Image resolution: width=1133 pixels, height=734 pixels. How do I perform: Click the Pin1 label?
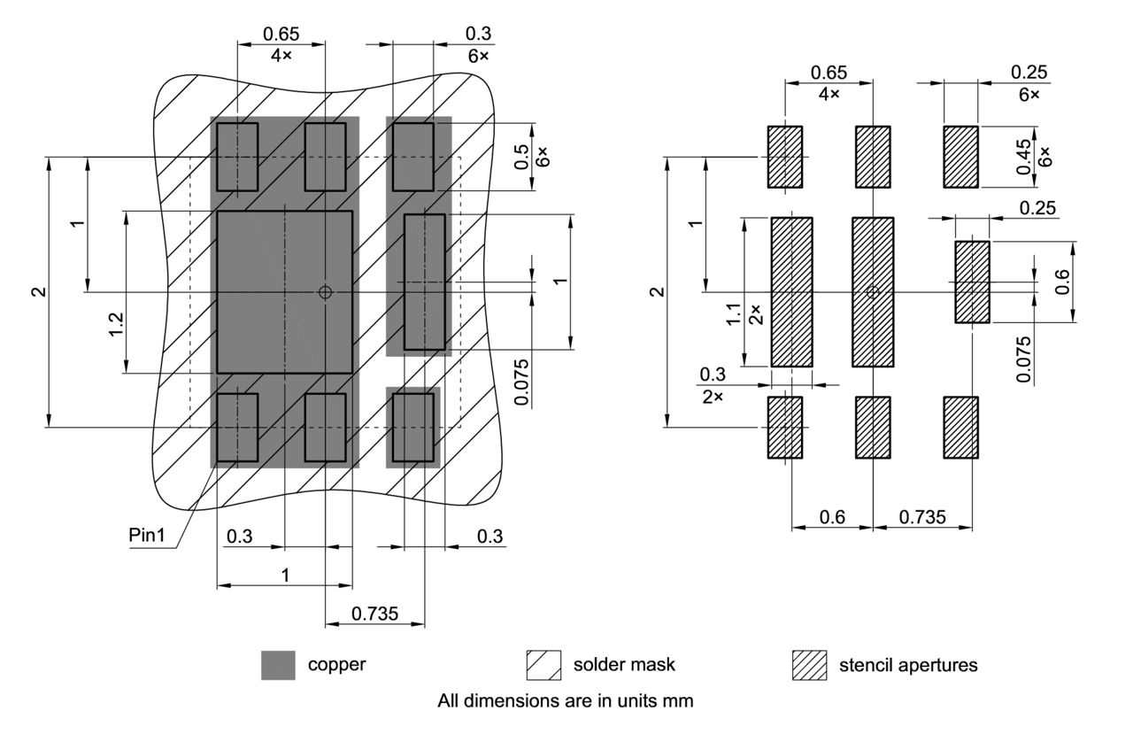coord(146,537)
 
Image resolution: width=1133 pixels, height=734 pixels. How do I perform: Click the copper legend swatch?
coord(278,665)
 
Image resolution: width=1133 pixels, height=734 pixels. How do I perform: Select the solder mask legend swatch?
coord(543,665)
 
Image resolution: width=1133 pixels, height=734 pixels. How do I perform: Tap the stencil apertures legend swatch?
coord(809,665)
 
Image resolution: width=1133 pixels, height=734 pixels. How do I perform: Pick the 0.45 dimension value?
coord(1025,158)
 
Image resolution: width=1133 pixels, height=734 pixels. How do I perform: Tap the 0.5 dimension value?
coord(522,157)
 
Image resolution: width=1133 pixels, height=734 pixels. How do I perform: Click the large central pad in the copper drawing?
coord(284,291)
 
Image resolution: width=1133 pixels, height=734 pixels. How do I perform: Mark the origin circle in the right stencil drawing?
coord(873,292)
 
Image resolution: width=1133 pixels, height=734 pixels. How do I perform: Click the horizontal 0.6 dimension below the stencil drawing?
coord(832,517)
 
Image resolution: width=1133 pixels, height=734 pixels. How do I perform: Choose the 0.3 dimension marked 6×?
coord(479,35)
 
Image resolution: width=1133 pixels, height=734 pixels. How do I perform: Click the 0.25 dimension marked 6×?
coord(1028,72)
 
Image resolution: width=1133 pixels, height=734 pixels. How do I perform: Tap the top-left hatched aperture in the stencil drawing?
coord(784,157)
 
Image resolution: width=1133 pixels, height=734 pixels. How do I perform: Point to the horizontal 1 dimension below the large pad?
coord(284,575)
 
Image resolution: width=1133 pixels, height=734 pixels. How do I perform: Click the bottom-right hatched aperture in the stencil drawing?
coord(960,428)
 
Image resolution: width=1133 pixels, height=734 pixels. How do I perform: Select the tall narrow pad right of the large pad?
coord(424,282)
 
